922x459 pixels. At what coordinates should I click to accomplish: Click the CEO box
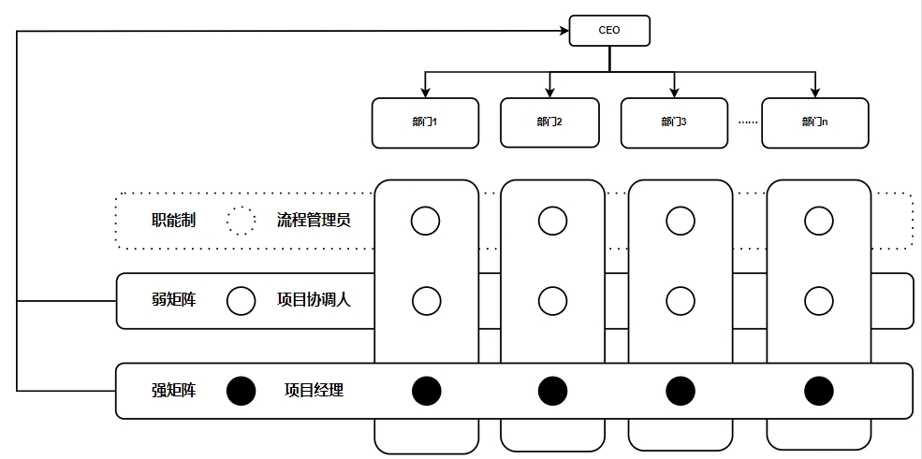pyautogui.click(x=609, y=30)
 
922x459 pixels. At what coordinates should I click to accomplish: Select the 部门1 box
pyautogui.click(x=425, y=122)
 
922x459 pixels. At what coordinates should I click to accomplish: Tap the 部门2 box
pyautogui.click(x=549, y=122)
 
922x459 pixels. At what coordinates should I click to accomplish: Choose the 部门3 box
pyautogui.click(x=674, y=122)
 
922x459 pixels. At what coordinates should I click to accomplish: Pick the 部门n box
pyautogui.click(x=814, y=122)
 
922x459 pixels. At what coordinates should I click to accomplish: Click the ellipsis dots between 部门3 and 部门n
pyautogui.click(x=746, y=122)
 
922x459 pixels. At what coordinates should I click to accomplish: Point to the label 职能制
pyautogui.click(x=173, y=222)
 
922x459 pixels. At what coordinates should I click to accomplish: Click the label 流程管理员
pyautogui.click(x=314, y=222)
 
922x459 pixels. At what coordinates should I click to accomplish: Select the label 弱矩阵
pyautogui.click(x=173, y=300)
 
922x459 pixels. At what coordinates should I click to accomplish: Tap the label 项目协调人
pyautogui.click(x=314, y=300)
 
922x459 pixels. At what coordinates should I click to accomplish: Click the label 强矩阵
pyautogui.click(x=173, y=390)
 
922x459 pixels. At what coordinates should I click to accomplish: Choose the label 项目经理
pyautogui.click(x=314, y=390)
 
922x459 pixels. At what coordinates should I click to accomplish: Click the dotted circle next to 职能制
pyautogui.click(x=241, y=222)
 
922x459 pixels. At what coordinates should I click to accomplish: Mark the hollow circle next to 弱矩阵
pyautogui.click(x=241, y=300)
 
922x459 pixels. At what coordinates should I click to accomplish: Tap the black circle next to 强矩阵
pyautogui.click(x=241, y=390)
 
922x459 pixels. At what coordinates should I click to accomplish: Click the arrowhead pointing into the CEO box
pyautogui.click(x=564, y=31)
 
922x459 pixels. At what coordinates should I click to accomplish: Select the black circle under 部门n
pyautogui.click(x=819, y=391)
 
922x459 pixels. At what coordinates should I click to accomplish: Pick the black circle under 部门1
pyautogui.click(x=426, y=391)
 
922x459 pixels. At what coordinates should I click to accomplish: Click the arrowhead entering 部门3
pyautogui.click(x=674, y=92)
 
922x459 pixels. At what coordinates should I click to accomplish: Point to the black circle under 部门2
pyautogui.click(x=552, y=391)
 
